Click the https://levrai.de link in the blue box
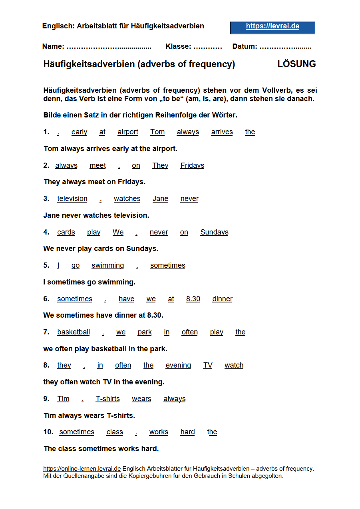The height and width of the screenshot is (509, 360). (272, 26)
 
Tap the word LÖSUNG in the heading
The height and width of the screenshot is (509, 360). (296, 64)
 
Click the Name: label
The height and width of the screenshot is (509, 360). (53, 46)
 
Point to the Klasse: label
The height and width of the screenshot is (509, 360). (178, 46)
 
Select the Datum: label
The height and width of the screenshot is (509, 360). (245, 46)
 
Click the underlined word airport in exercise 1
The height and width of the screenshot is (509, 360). (128, 132)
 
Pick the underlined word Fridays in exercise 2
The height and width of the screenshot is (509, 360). (192, 165)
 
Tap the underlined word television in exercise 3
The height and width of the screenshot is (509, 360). (72, 199)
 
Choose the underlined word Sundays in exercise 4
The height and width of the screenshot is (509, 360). (214, 232)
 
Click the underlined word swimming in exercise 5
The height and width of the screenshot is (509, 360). (107, 265)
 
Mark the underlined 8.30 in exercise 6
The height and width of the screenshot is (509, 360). (193, 299)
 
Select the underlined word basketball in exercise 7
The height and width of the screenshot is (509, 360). (74, 332)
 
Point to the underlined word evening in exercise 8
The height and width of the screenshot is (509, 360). (178, 365)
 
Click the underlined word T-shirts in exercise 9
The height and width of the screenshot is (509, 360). (107, 399)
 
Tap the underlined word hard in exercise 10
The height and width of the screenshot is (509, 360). (187, 432)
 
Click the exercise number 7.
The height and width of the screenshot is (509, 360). (46, 332)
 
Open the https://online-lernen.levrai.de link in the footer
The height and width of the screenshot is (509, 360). (82, 469)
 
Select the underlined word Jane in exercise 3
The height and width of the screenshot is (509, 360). (160, 199)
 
